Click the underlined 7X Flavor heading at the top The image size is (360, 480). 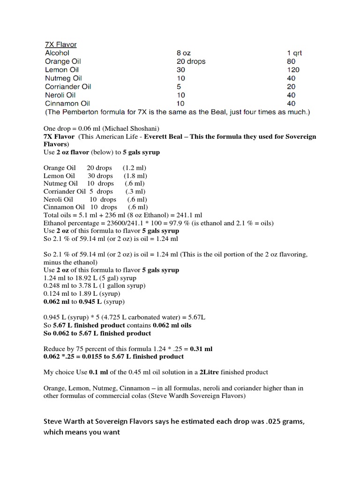tap(60, 45)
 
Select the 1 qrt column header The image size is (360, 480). tap(294, 53)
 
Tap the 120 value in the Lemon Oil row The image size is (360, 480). tap(293, 70)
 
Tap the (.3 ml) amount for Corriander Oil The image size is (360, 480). tap(135, 191)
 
